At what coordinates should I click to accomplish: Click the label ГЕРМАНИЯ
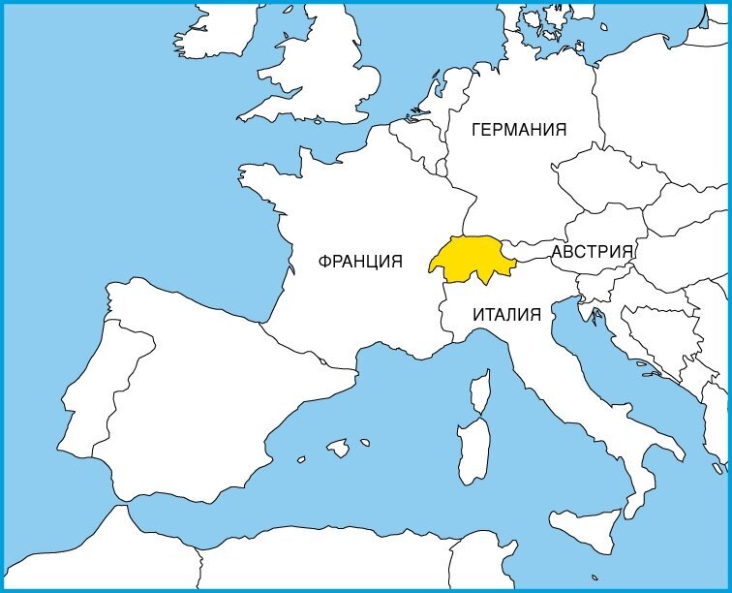pos(518,130)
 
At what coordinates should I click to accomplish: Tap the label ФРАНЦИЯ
pos(360,261)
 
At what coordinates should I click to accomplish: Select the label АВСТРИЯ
pos(593,252)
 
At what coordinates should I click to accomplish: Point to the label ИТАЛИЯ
pos(506,314)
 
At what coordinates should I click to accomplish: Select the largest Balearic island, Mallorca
pos(338,448)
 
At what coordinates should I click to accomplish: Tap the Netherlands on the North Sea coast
pos(426,111)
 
